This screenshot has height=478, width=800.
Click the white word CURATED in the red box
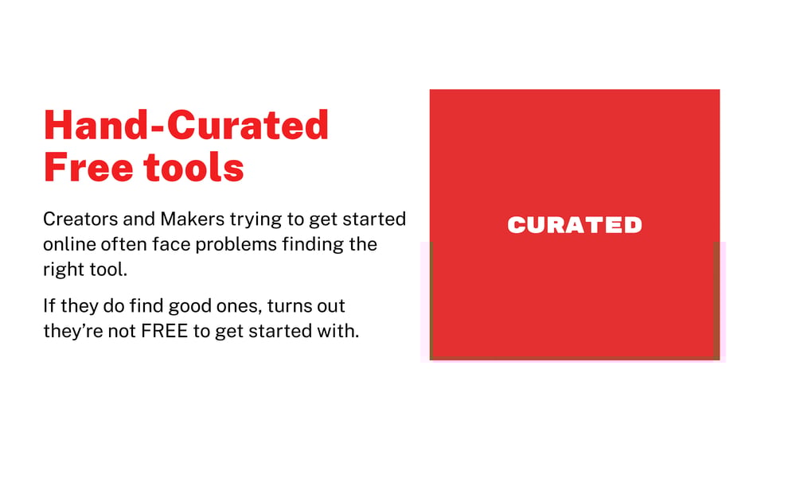point(574,225)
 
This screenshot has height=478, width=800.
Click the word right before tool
point(62,270)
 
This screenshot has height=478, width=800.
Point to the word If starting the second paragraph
point(49,305)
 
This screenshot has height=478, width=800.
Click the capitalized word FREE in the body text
point(165,331)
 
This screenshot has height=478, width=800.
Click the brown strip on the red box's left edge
point(431,301)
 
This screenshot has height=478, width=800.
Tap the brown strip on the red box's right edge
point(716,301)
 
